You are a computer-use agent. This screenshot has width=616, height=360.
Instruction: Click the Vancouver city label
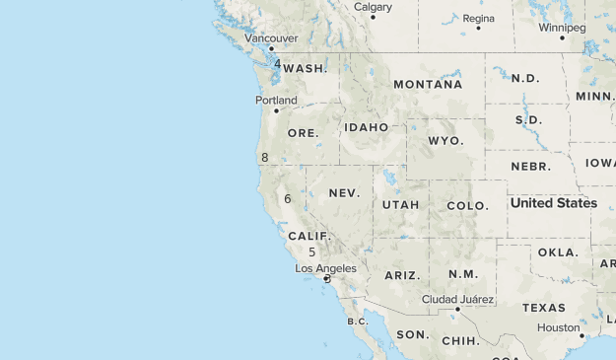(x=271, y=38)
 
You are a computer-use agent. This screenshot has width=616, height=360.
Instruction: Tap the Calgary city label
(x=373, y=7)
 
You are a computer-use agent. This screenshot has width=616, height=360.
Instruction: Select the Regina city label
(x=479, y=18)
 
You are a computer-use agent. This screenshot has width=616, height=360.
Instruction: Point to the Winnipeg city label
(x=562, y=28)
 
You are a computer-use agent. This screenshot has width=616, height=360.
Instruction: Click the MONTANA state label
(x=428, y=85)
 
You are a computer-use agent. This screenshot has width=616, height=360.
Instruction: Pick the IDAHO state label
(x=367, y=127)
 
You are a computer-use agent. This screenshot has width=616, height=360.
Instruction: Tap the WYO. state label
(x=445, y=141)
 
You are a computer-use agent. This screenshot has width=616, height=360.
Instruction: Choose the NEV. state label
(x=344, y=193)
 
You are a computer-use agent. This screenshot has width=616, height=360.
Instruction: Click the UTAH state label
(x=401, y=205)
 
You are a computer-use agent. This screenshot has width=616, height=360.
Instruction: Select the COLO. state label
(x=467, y=206)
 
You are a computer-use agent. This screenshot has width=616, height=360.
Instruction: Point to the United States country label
(x=553, y=203)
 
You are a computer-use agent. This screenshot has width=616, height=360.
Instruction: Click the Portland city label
(x=276, y=101)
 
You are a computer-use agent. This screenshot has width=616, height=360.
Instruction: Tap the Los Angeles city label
(x=326, y=268)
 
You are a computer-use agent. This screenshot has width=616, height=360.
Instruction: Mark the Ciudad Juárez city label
(x=457, y=299)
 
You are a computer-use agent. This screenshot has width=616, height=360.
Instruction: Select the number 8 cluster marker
(x=265, y=158)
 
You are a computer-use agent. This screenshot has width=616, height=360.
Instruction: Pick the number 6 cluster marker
(x=287, y=199)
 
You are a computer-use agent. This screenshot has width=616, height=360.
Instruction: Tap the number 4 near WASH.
(x=277, y=64)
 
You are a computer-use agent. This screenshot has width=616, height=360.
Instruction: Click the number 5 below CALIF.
(x=311, y=252)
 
